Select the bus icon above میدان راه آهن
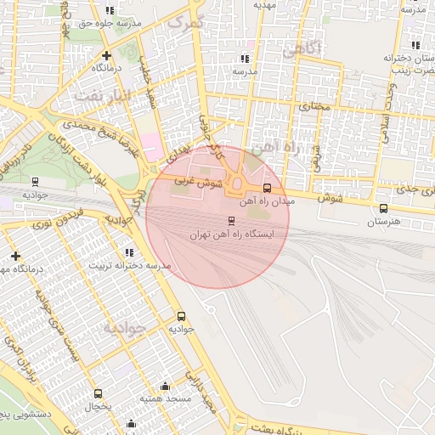coord(268,188)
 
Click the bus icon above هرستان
coord(383,208)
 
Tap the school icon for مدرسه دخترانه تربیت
coord(129,252)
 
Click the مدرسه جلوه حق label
coord(109,24)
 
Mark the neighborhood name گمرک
coord(186,21)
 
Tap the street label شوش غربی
coord(198,181)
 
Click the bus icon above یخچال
coord(99,393)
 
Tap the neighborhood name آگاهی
coord(304,50)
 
